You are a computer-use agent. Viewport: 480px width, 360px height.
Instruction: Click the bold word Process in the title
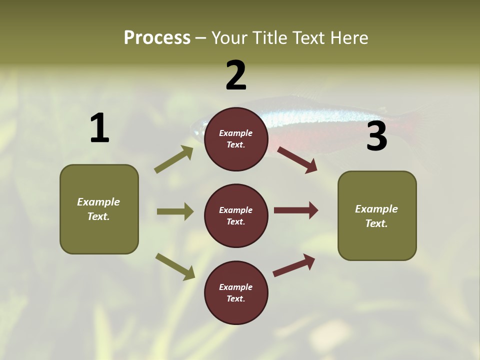tap(157, 38)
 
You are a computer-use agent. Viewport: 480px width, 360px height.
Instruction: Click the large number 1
tap(99, 128)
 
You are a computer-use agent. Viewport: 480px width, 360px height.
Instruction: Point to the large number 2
tap(236, 76)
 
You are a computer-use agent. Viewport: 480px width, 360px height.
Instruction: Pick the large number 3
tap(376, 136)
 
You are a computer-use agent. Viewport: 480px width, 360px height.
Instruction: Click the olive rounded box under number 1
tap(99, 209)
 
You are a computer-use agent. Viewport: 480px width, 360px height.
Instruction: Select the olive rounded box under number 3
tap(377, 215)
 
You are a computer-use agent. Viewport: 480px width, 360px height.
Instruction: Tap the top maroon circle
tap(236, 139)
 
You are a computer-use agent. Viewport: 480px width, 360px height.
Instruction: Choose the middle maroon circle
tap(236, 215)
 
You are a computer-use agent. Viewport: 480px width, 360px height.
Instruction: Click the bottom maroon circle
tap(236, 292)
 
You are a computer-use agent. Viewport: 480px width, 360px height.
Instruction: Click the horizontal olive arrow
tap(175, 211)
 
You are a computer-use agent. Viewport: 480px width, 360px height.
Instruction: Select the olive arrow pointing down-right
tap(175, 266)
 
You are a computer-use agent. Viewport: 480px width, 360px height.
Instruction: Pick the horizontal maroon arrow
tap(296, 210)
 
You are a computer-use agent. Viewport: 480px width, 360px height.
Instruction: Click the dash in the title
tap(200, 38)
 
